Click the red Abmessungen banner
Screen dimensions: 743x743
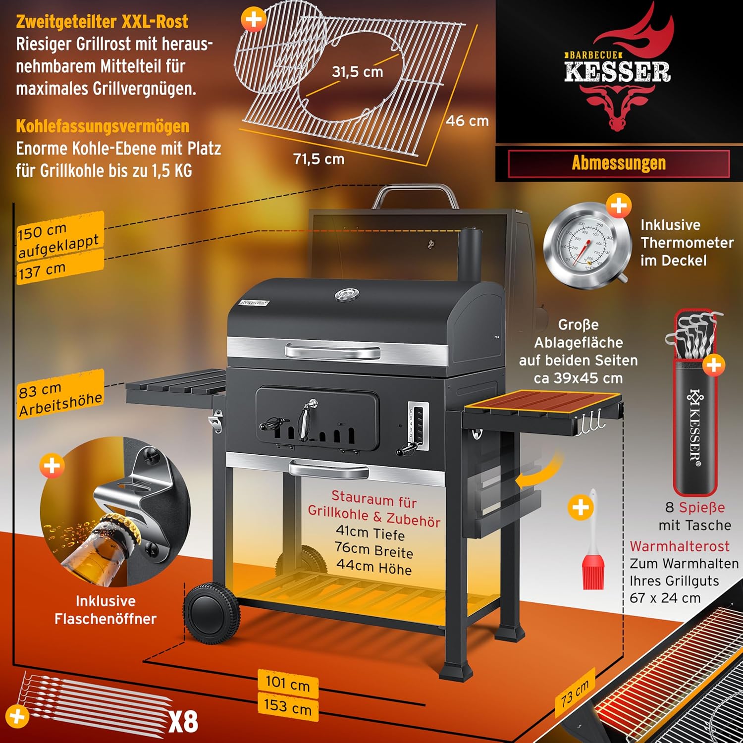tap(619, 163)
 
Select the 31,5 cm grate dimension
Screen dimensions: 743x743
tap(357, 72)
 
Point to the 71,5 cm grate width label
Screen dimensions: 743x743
tap(318, 159)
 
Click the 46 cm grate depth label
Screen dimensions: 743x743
tap(467, 121)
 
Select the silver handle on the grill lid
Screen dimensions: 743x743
tap(332, 352)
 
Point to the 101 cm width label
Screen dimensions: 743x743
tap(287, 683)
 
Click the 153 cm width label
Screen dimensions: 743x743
tap(288, 706)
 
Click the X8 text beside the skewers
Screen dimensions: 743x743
tap(183, 722)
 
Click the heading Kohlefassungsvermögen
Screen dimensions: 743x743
tap(103, 126)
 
